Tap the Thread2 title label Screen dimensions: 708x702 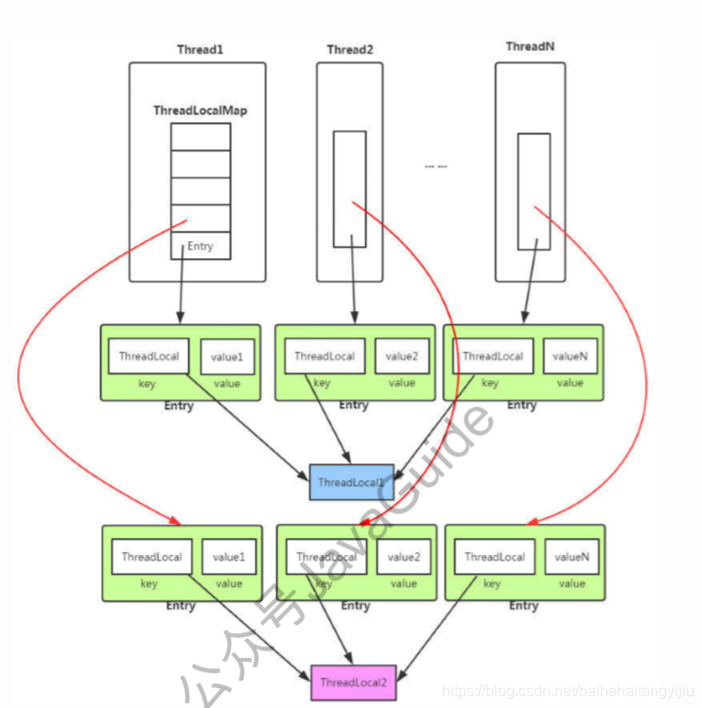(350, 49)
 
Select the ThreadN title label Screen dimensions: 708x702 (530, 46)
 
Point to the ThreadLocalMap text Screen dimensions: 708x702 (200, 111)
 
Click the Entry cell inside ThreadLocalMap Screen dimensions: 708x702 (200, 246)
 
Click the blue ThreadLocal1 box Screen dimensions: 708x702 (351, 482)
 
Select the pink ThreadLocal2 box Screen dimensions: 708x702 (353, 682)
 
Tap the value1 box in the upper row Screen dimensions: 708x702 (227, 357)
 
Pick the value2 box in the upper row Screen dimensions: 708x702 (402, 356)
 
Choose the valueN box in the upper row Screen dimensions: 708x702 (570, 356)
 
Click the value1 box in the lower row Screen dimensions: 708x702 (228, 557)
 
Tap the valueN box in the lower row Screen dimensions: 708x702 (571, 557)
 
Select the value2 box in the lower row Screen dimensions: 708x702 (404, 557)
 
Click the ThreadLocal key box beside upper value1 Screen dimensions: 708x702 (149, 356)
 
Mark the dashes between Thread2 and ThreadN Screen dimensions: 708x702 (435, 166)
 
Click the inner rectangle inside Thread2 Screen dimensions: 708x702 (349, 189)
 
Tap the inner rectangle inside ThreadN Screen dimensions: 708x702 (533, 191)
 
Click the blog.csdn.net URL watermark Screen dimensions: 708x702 (569, 692)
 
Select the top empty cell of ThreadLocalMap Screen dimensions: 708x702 (200, 136)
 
